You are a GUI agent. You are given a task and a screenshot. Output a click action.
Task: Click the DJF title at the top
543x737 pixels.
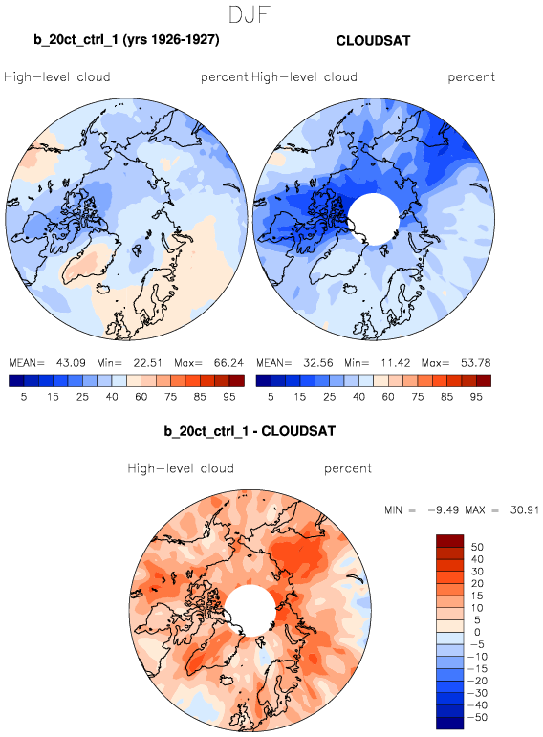(249, 14)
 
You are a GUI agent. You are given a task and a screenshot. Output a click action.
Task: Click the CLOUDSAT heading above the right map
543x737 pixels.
(373, 41)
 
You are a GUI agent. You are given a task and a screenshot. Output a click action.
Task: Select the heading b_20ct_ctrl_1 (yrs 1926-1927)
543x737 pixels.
(126, 39)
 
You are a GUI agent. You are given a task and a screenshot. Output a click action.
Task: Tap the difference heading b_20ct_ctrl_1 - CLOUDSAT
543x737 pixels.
(250, 431)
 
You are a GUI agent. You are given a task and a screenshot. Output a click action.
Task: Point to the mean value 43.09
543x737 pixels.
(71, 363)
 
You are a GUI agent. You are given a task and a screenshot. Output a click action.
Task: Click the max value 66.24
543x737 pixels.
(228, 363)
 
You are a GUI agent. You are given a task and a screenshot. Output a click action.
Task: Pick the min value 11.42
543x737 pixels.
(396, 363)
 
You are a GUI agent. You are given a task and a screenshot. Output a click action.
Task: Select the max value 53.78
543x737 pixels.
(476, 363)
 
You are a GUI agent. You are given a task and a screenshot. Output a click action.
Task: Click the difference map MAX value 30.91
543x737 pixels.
(525, 509)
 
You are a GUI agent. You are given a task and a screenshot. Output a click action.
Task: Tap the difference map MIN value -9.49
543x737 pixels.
(444, 509)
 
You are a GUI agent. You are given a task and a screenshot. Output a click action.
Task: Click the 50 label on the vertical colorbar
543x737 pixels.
(477, 547)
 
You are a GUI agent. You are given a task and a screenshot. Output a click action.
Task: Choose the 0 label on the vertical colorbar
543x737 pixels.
(477, 632)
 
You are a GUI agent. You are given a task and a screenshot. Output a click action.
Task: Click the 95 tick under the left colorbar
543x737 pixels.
(228, 397)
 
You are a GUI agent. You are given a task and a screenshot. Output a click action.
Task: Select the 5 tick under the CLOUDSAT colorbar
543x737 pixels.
(271, 397)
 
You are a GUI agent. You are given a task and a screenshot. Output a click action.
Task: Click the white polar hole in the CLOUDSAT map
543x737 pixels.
(373, 219)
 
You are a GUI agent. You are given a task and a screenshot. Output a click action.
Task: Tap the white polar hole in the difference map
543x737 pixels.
(250, 610)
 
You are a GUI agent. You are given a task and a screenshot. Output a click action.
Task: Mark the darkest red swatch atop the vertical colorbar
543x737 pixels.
(450, 540)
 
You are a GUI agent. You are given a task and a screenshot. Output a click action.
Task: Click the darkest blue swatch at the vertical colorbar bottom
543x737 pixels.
(450, 723)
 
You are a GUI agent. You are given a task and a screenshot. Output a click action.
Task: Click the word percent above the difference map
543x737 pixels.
(348, 468)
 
